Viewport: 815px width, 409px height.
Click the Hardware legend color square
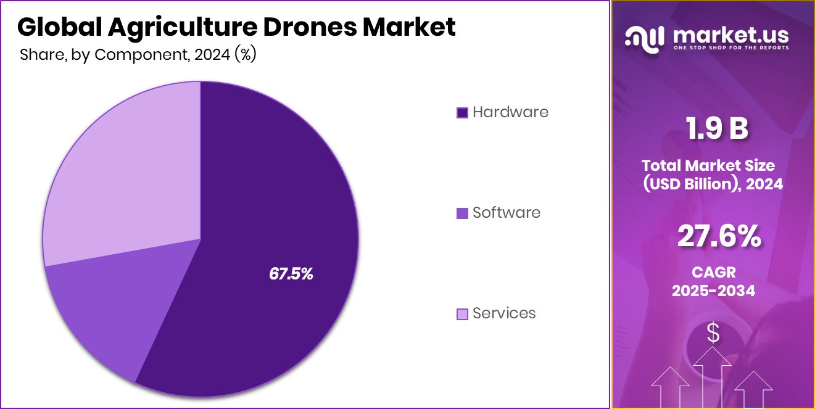462,112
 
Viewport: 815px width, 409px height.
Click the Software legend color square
462,213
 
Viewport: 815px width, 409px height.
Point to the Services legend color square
462,314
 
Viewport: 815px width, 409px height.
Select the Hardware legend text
510,112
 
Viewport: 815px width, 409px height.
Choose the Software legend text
507,213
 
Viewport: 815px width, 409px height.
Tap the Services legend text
504,313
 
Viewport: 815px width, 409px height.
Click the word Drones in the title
301,27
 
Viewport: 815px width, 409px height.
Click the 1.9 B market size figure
717,129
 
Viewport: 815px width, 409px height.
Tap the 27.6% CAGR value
719,236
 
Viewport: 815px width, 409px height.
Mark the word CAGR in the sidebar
713,272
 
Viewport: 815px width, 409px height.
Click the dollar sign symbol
713,334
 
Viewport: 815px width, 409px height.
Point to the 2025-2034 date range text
713,291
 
